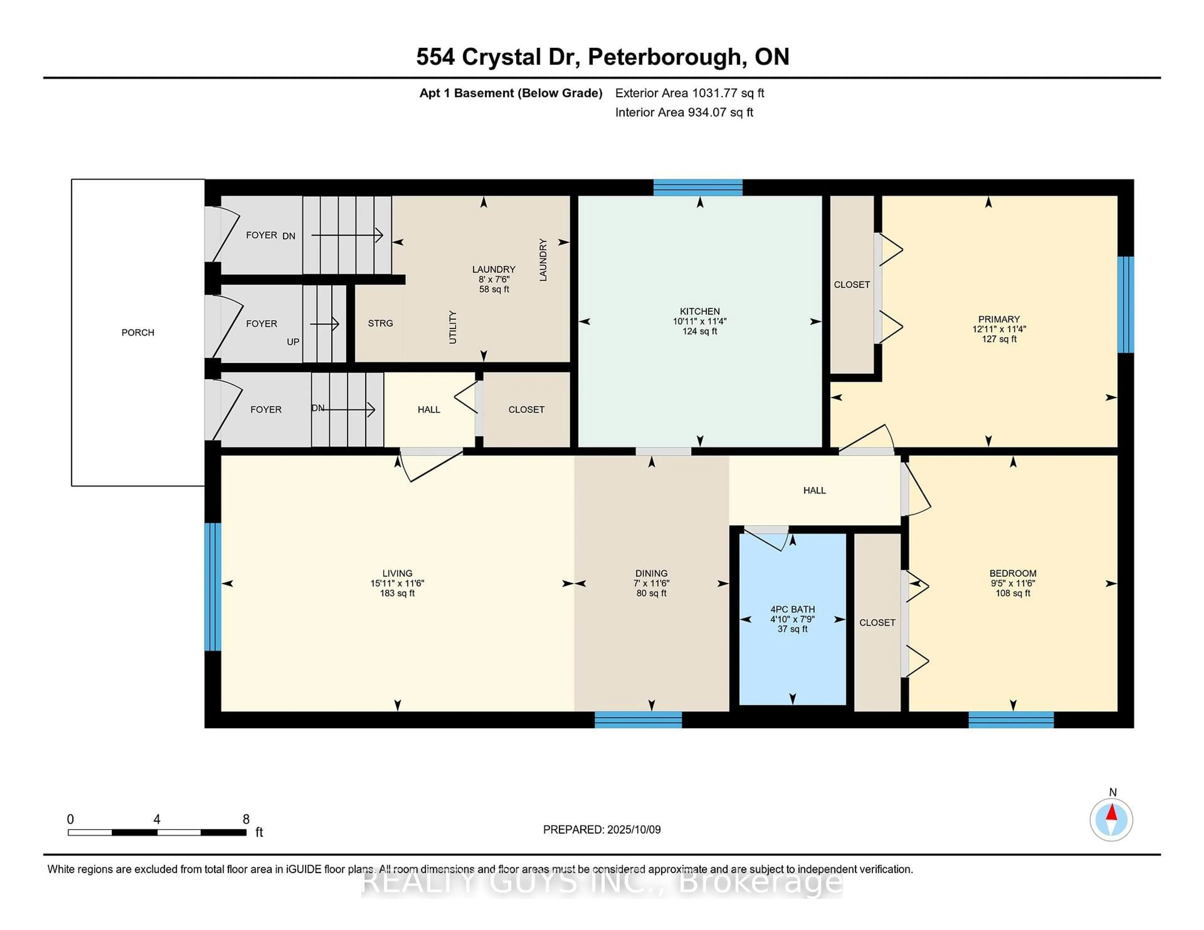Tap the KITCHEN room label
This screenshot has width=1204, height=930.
[700, 311]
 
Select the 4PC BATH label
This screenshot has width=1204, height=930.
[792, 609]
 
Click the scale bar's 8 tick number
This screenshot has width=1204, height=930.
[246, 819]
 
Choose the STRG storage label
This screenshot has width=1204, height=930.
[380, 323]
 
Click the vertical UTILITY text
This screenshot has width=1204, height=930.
[453, 327]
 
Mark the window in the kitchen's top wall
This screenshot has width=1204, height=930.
[698, 188]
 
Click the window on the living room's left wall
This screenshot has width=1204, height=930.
[213, 587]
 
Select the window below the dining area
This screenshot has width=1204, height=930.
[638, 719]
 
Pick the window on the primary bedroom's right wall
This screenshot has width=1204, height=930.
[1125, 305]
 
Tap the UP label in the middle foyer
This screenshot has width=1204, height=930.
[293, 342]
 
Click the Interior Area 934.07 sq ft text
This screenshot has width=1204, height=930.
[684, 112]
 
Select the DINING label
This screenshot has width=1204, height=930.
[651, 573]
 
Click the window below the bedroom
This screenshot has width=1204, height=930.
[1011, 719]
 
